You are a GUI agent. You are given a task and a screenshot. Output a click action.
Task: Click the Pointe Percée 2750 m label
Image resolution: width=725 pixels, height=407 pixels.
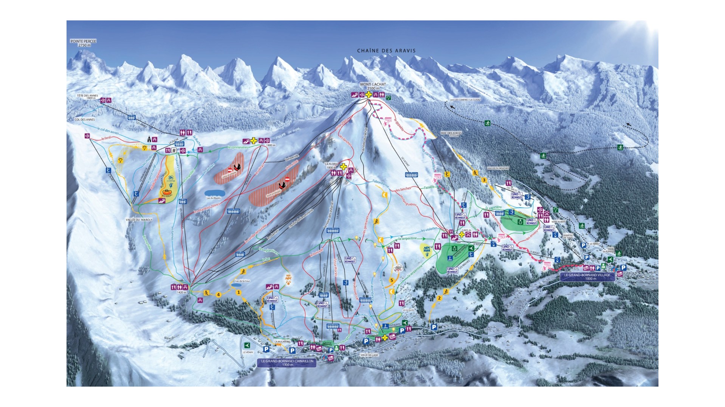[83, 43]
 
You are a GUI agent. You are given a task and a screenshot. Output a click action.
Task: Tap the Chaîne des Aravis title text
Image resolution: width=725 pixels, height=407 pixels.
[386, 51]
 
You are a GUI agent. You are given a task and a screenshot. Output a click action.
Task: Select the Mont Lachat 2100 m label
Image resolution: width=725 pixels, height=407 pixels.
[373, 86]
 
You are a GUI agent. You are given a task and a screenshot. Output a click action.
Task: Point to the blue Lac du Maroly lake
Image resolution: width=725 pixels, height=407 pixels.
[215, 193]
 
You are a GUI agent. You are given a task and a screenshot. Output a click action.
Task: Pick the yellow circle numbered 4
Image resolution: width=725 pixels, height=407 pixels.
[218, 295]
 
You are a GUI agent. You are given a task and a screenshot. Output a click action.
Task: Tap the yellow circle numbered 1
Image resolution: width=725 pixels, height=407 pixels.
[239, 292]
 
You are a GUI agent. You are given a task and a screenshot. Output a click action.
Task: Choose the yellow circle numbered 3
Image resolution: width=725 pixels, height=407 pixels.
[484, 180]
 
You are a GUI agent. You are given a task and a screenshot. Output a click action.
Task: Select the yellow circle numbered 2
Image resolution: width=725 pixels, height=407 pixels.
[439, 298]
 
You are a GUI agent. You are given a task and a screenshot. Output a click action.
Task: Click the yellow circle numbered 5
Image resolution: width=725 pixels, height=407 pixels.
[392, 280]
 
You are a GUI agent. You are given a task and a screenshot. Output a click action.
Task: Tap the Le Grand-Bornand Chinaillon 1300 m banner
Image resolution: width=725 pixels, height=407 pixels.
[287, 363]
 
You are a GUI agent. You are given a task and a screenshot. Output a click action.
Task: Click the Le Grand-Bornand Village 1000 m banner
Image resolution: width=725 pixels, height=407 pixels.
[587, 277]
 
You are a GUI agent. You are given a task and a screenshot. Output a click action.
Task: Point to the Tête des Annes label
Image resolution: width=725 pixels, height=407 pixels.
[87, 97]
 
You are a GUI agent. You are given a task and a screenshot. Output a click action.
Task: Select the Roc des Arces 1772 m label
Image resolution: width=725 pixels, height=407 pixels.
[451, 134]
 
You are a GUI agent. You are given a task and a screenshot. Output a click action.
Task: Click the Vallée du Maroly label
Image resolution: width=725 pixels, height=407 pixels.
[139, 220]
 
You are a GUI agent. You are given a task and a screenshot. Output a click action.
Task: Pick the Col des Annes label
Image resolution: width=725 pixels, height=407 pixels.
[85, 120]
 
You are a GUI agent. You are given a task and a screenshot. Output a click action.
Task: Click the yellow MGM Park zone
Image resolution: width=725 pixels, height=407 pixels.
[427, 250]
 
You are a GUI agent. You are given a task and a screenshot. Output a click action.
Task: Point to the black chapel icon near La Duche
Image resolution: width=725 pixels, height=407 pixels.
[149, 139]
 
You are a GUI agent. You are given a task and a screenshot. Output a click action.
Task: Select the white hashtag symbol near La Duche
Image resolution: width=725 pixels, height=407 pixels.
[174, 150]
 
